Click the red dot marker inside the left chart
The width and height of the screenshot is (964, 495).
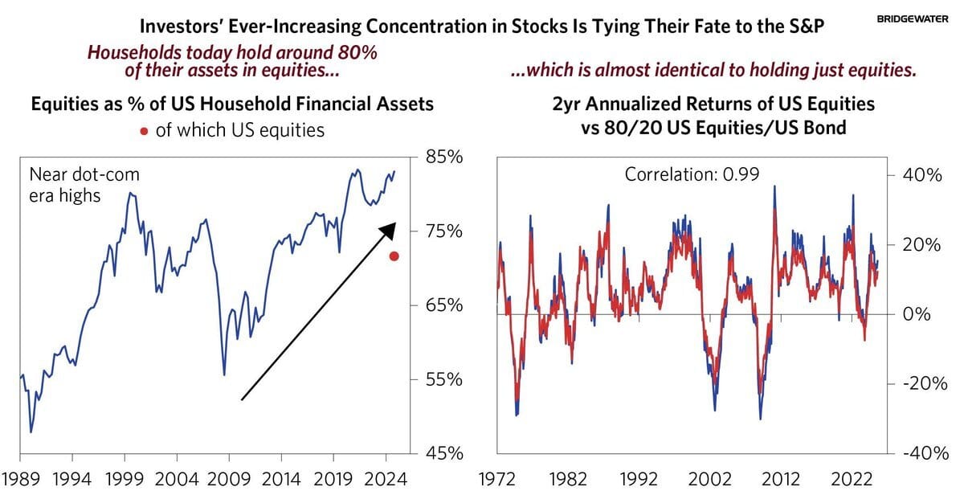tap(394, 256)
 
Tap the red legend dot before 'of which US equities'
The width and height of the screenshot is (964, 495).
tap(144, 130)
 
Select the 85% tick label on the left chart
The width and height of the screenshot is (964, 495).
tap(443, 157)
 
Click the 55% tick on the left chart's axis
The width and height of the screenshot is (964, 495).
tap(443, 379)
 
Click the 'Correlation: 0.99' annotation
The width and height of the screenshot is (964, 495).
tap(690, 173)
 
